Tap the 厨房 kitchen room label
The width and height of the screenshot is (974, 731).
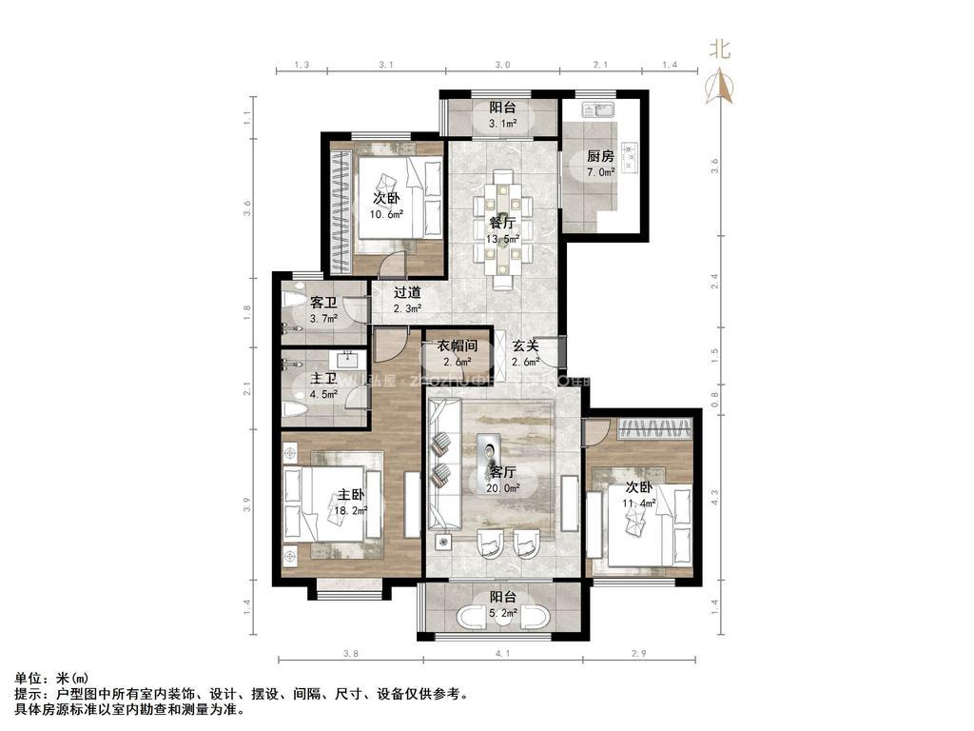[599, 157]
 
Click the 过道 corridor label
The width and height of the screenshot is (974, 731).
[407, 293]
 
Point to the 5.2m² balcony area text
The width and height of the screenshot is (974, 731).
[503, 614]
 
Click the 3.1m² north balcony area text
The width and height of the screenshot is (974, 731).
[502, 124]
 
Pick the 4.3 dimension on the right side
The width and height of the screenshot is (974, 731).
[714, 496]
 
